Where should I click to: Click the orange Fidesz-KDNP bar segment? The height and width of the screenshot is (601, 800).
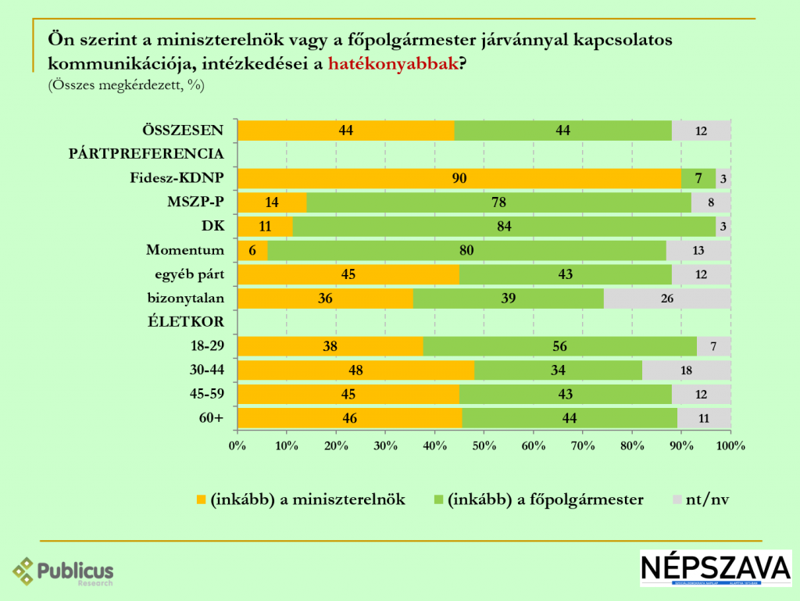tap(391, 178)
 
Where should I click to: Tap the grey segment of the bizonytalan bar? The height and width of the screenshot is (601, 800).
tap(667, 299)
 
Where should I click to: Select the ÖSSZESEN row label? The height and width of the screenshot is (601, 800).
tap(183, 131)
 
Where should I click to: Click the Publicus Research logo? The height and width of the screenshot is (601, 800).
tap(63, 571)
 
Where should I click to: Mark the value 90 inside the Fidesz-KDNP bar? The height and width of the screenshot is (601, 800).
tap(459, 178)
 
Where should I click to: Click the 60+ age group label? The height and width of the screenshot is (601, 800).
tap(211, 418)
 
